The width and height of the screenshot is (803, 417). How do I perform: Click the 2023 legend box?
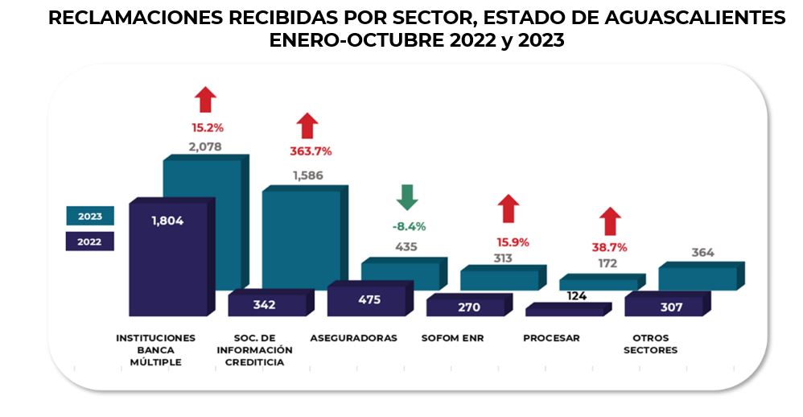[x=89, y=216]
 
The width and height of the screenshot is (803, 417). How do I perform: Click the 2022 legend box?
[x=89, y=241]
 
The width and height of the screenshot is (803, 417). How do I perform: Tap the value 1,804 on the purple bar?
[x=167, y=221]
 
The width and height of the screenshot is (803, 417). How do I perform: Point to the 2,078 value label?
[x=204, y=147]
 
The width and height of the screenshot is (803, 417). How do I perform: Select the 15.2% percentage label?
[x=207, y=127]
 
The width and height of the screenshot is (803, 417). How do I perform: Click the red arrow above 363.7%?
[x=307, y=126]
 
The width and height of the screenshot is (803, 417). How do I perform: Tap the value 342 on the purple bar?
[x=264, y=305]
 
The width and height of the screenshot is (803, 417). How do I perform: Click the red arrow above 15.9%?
[x=507, y=208]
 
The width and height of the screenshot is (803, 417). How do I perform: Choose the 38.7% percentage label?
[x=609, y=247]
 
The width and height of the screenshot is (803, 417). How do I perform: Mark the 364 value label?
[x=702, y=253]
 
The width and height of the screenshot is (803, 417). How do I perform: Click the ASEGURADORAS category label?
[x=353, y=338]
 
